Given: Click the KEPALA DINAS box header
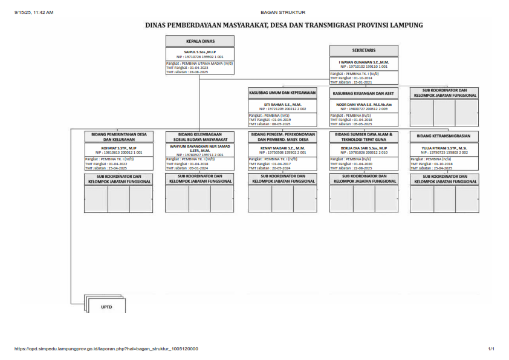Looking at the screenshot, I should point(199,41).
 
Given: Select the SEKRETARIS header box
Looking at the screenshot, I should point(363,50).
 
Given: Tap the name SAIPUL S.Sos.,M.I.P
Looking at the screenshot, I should point(199,52).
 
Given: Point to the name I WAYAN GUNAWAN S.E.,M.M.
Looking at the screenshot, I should point(363,62).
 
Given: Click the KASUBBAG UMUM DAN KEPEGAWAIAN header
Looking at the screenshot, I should point(282,93).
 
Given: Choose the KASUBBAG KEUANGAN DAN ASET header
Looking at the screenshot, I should point(363,93).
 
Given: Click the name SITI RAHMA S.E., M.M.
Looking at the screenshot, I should point(282,104).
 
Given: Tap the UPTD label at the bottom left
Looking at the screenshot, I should point(106,307).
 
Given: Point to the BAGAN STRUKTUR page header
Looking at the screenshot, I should point(283,12).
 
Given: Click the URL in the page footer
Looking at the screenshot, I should point(106,349).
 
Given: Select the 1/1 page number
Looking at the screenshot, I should point(491,349).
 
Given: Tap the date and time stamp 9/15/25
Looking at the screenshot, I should point(34,12).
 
